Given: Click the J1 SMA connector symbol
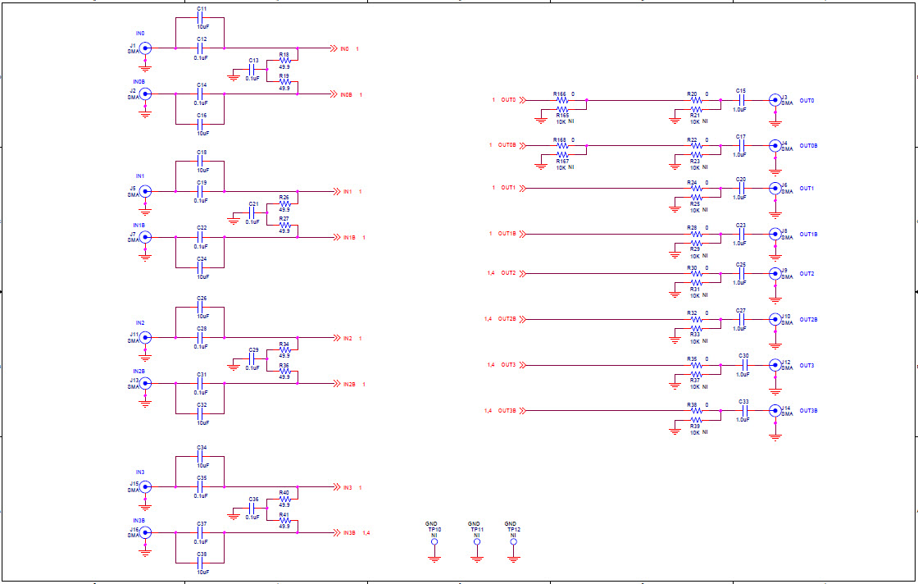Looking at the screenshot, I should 145,48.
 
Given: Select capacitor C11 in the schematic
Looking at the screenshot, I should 201,18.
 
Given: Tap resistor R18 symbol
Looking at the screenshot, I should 284,62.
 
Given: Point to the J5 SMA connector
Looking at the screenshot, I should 145,192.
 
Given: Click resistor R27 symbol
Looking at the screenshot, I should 284,225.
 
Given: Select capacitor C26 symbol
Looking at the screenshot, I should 201,308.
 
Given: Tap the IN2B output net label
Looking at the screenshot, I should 349,384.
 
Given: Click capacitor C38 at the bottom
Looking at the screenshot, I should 201,563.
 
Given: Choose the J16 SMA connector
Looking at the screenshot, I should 145,532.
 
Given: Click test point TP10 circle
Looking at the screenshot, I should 434,542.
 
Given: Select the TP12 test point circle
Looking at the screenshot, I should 513,542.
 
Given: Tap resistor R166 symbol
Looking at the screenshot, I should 561,100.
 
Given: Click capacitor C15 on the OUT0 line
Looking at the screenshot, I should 741,100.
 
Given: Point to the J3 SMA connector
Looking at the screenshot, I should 775,100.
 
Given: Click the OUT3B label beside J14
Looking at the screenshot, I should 809,410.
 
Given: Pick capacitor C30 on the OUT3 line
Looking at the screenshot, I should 743,365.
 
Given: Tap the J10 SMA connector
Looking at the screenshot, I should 775,319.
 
